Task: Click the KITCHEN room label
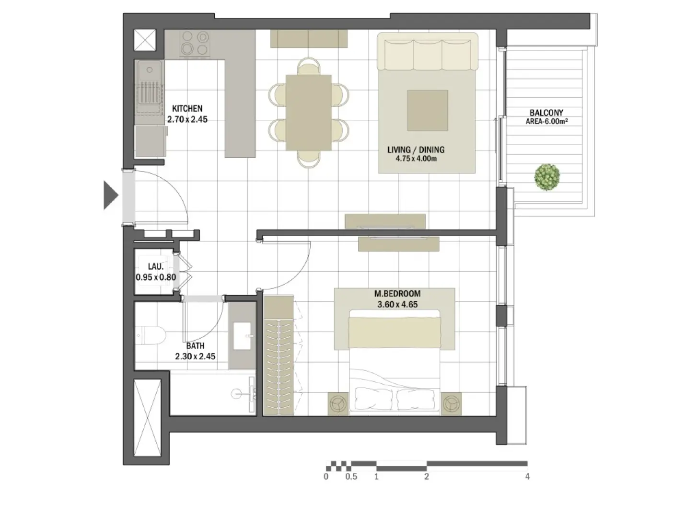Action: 187,109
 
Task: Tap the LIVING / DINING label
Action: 416,150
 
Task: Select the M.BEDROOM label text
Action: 397,294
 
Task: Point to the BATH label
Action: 195,345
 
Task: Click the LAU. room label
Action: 156,267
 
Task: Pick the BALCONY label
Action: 546,113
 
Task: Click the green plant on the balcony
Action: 547,177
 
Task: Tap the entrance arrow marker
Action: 111,195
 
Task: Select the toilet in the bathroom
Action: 150,336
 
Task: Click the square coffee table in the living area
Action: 428,110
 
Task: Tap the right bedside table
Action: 451,403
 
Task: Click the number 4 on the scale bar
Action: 527,477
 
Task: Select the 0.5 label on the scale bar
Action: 351,477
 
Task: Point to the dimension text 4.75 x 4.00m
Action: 416,159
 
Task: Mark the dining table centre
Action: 309,113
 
